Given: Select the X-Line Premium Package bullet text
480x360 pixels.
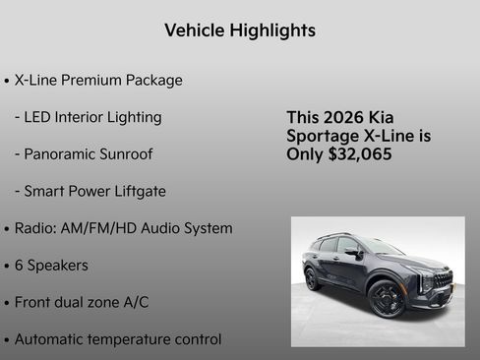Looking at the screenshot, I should coord(98,80).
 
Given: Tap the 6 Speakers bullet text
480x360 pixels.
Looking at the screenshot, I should coord(51,266).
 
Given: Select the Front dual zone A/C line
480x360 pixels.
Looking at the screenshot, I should coord(82,302).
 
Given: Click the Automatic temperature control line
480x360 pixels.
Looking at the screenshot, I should coord(118,339).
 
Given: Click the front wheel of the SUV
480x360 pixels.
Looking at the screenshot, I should coord(386,298).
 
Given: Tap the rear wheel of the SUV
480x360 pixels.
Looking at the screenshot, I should coord(313,278).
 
